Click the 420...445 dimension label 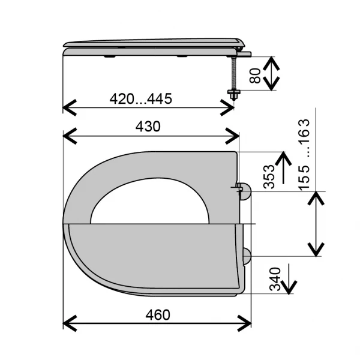141,99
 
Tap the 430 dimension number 148,127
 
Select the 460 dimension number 158,315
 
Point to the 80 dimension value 256,76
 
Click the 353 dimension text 269,177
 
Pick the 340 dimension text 275,279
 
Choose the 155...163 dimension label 304,155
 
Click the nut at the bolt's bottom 234,94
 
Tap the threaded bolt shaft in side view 234,73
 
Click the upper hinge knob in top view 245,191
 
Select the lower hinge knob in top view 247,256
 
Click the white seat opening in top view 150,201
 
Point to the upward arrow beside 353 284,167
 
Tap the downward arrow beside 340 289,279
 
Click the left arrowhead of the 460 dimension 70,323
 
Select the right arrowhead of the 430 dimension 232,136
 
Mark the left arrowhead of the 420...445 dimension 70,107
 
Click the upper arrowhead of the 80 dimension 271,64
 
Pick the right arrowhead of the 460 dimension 244,323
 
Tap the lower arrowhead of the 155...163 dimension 316,250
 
